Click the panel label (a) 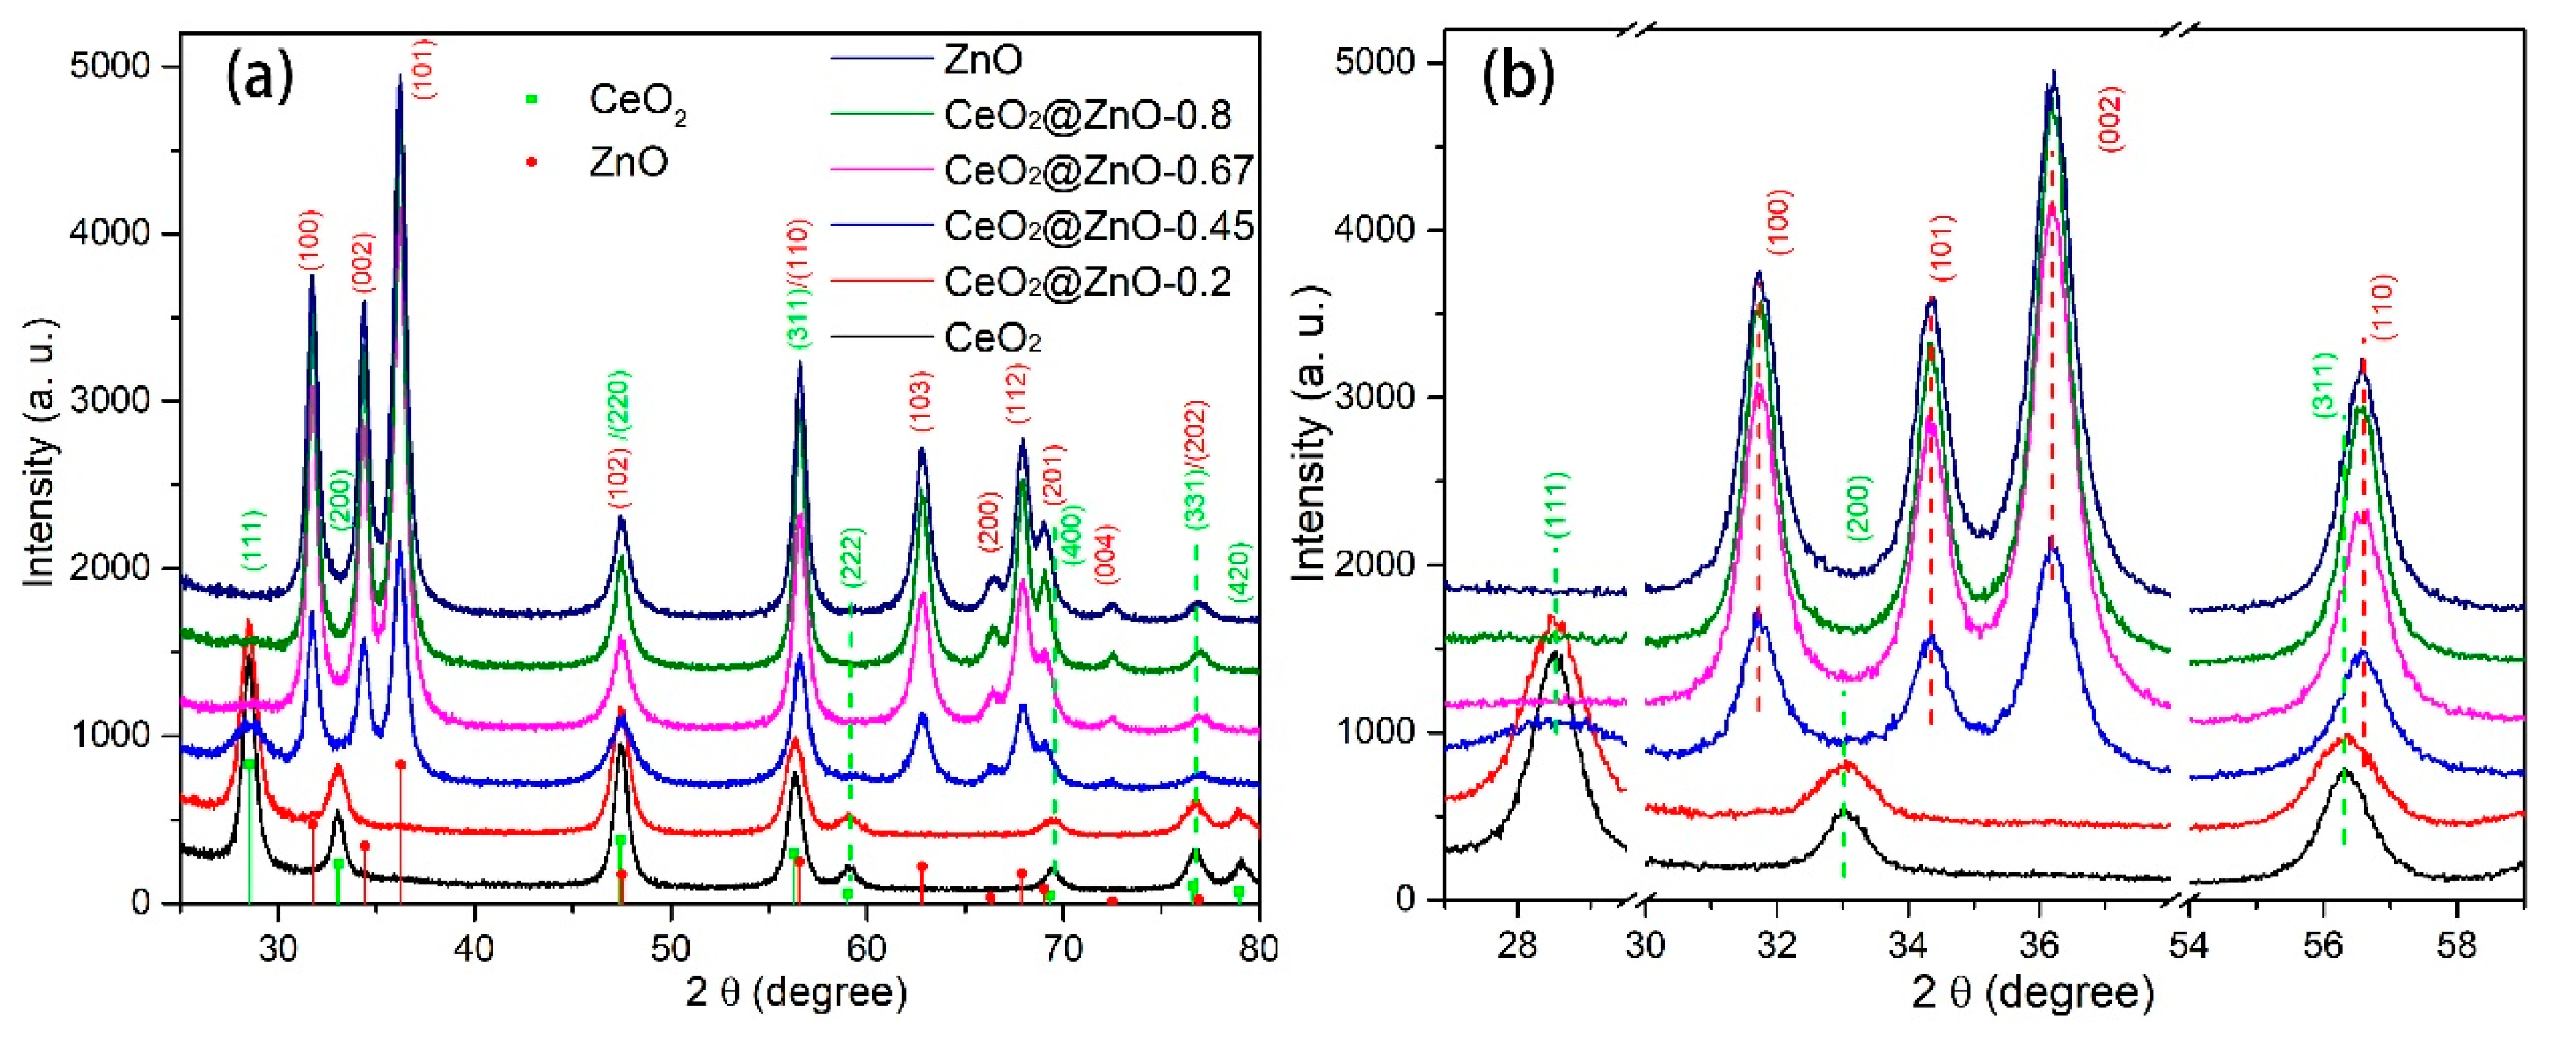pyautogui.click(x=260, y=79)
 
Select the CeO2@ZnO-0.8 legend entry pyautogui.click(x=1087, y=116)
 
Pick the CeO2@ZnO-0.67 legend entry pyautogui.click(x=1098, y=172)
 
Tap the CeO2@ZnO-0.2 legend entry pyautogui.click(x=1087, y=283)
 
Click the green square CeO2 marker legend pyautogui.click(x=532, y=99)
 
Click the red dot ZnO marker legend pyautogui.click(x=532, y=162)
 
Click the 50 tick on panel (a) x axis pyautogui.click(x=670, y=948)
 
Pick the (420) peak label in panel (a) pyautogui.click(x=1239, y=572)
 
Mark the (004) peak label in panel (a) pyautogui.click(x=1106, y=554)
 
